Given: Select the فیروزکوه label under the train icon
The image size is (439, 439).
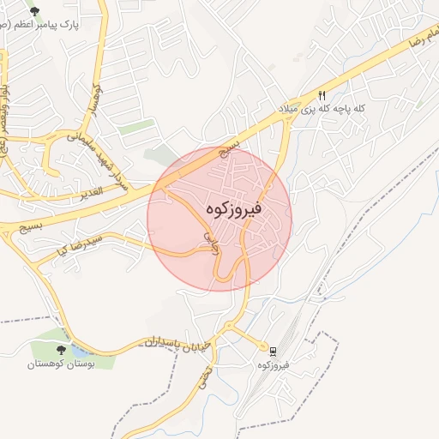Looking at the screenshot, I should pyautogui.click(x=273, y=365).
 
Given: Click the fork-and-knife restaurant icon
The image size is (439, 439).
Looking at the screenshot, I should pyautogui.click(x=322, y=96).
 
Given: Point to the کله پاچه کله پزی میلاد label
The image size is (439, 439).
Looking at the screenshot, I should pyautogui.click(x=322, y=109).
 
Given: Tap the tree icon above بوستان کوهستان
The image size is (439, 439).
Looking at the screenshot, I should pyautogui.click(x=60, y=351).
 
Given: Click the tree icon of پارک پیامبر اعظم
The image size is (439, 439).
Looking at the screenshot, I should pyautogui.click(x=34, y=12).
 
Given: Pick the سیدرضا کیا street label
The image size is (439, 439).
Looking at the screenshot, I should pyautogui.click(x=78, y=244).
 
